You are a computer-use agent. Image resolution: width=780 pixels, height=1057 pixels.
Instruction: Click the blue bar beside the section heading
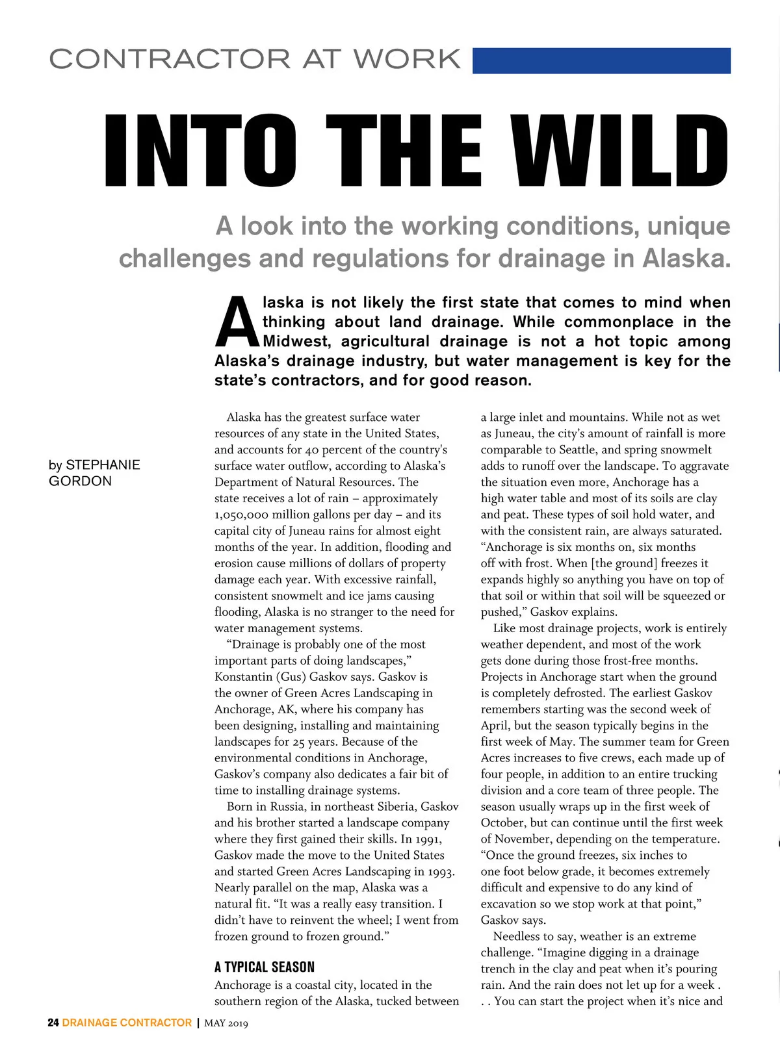(x=601, y=60)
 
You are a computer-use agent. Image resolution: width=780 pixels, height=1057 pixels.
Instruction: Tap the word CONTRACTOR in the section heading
(x=170, y=59)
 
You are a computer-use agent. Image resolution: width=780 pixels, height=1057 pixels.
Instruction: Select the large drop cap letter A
(x=237, y=322)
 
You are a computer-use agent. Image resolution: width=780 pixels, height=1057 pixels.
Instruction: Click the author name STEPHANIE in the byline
(x=103, y=465)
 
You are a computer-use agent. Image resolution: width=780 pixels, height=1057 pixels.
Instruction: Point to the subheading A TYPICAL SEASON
(x=265, y=967)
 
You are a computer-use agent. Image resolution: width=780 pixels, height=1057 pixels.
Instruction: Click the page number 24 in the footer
(x=53, y=1023)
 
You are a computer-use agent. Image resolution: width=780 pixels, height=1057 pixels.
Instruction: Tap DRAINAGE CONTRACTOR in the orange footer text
(x=127, y=1023)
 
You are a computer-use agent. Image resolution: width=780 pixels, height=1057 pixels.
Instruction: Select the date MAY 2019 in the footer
(x=226, y=1023)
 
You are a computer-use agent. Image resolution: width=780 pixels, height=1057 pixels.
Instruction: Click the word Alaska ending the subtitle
(x=686, y=259)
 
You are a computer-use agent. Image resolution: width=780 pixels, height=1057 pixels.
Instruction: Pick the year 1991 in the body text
(x=427, y=839)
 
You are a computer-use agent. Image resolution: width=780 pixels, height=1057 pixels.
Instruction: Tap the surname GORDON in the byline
(x=80, y=481)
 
